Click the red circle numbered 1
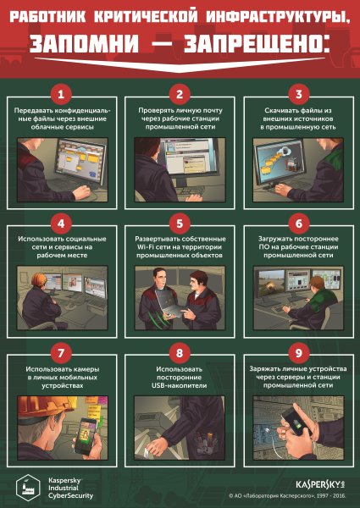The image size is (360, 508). point(61,93)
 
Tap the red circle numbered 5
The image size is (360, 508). point(180,224)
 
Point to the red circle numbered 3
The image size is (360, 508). point(298,93)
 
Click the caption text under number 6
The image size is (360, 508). point(298,246)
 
